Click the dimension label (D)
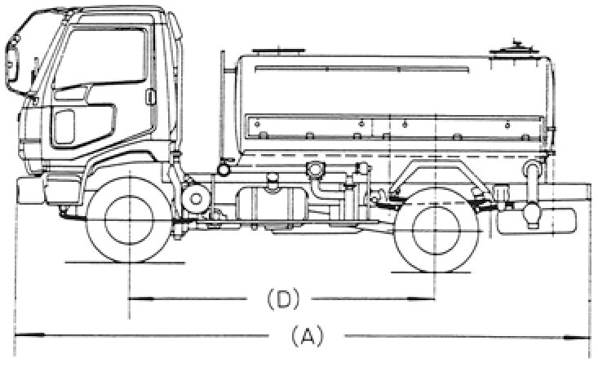280,299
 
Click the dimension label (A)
303,334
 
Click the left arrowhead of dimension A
20,334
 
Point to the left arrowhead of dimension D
134,300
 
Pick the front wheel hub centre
128,218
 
